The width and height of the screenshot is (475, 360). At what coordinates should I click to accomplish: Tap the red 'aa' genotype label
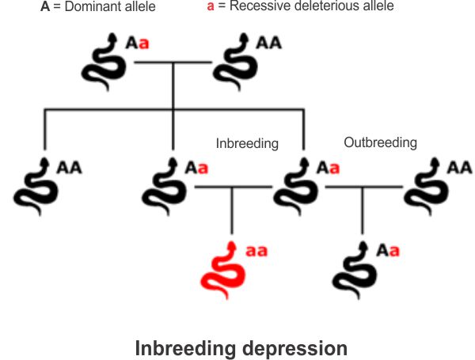(x=256, y=251)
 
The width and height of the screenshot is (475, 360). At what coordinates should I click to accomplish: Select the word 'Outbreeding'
(x=380, y=142)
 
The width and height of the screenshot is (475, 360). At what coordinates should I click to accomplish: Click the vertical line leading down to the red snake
(x=232, y=210)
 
